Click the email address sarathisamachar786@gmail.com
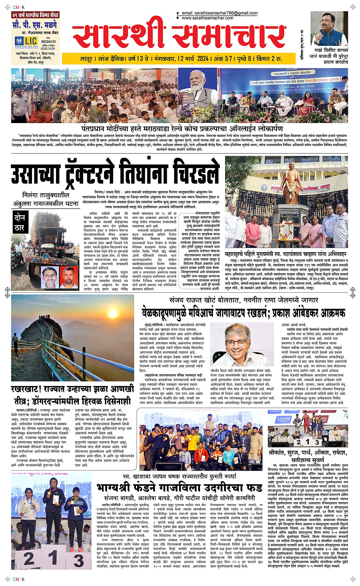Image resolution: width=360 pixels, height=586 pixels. coord(220,13)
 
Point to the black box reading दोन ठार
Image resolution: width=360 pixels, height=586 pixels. coord(20,223)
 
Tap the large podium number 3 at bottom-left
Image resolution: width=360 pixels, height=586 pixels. coord(78,560)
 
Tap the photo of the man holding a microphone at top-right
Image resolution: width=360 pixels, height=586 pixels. coord(328,29)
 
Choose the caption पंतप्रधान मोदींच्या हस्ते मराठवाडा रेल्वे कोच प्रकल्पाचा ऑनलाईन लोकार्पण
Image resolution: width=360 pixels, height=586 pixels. coord(182,128)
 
